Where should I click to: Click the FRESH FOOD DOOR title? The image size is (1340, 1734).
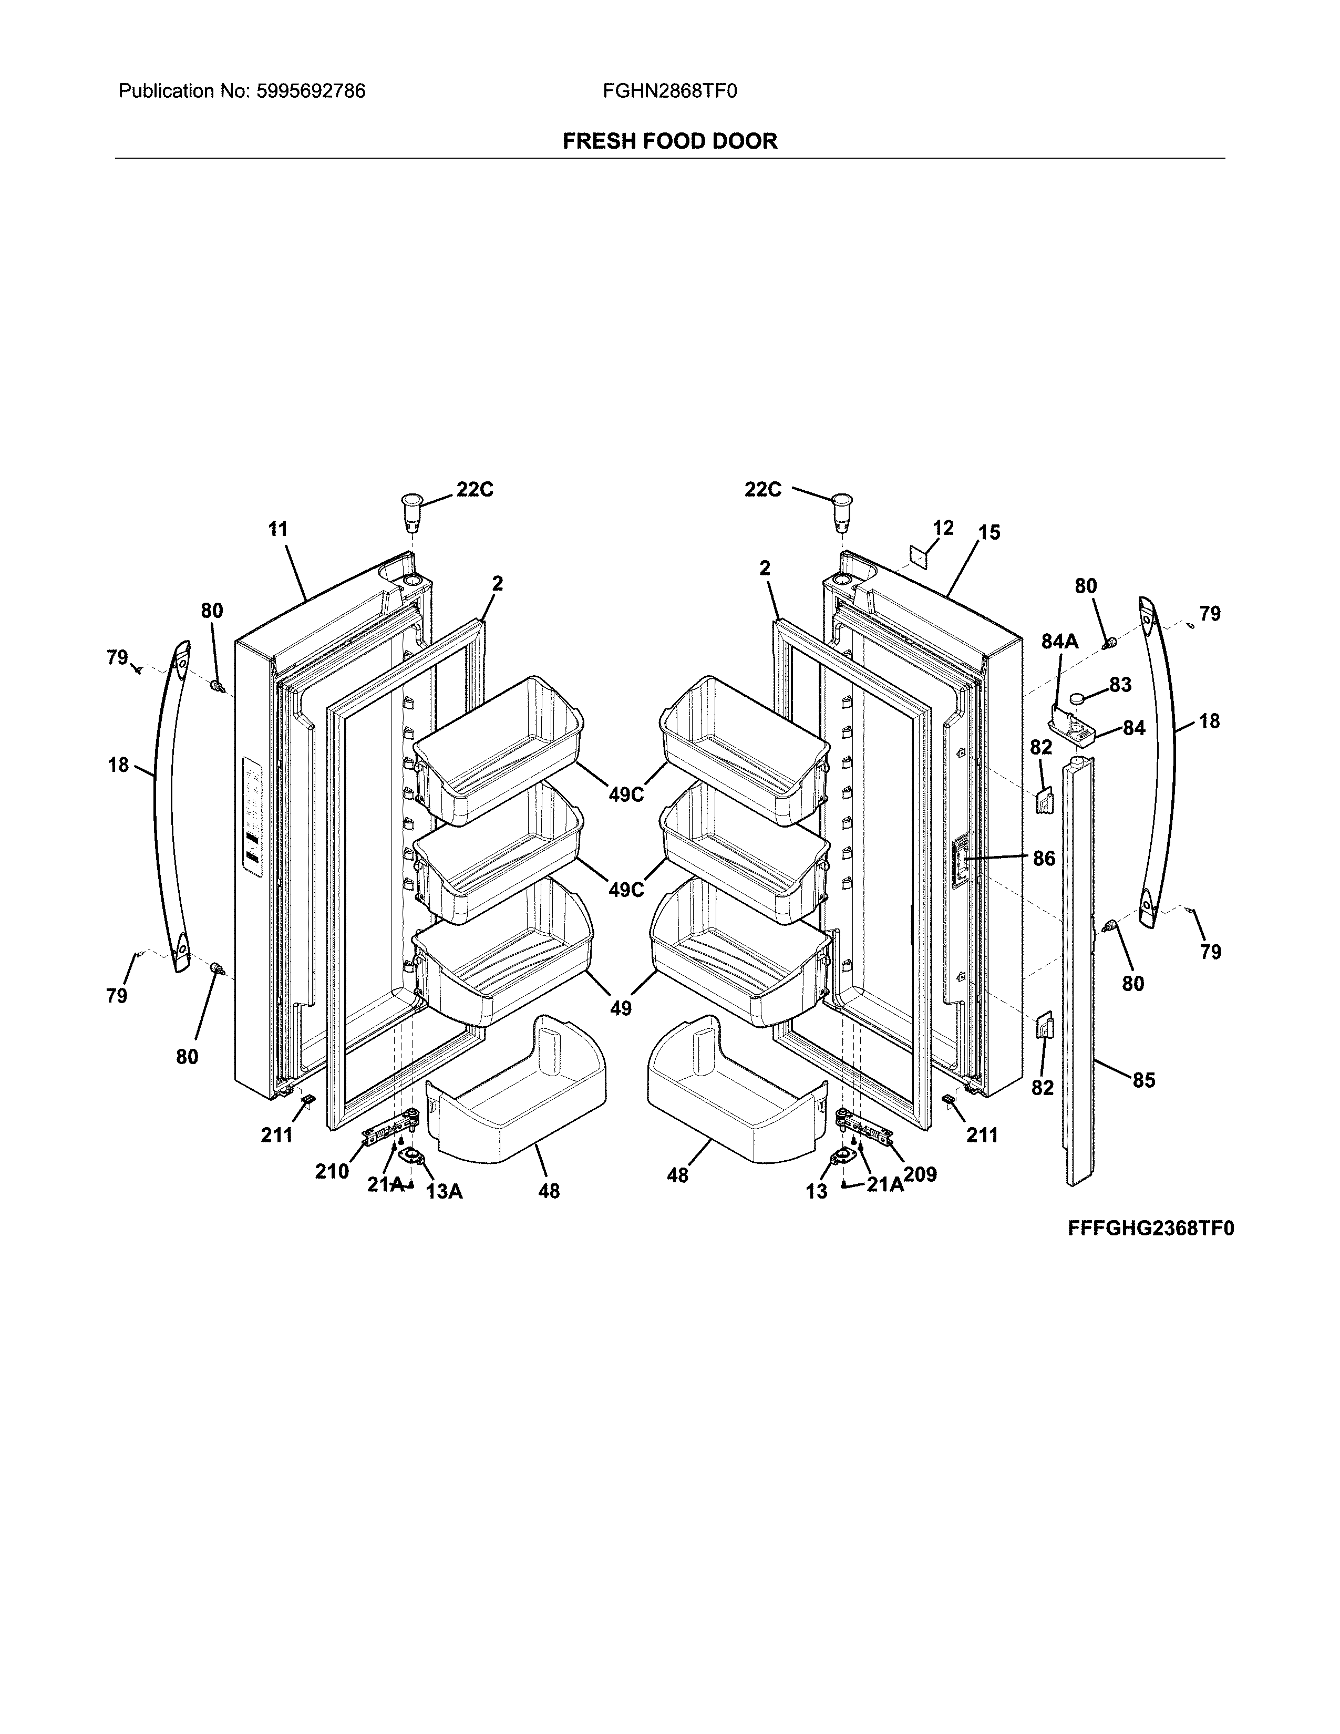669,141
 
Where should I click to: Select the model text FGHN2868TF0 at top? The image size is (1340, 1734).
669,91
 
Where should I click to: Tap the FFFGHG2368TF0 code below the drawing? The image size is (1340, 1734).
1150,1229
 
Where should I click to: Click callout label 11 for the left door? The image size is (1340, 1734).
278,530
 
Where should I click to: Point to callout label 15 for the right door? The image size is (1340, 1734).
989,533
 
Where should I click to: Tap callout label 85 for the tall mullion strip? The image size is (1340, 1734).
1143,1080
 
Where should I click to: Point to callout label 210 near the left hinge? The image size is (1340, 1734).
332,1171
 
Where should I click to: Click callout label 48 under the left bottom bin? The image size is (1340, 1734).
549,1191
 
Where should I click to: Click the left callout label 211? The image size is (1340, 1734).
277,1136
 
